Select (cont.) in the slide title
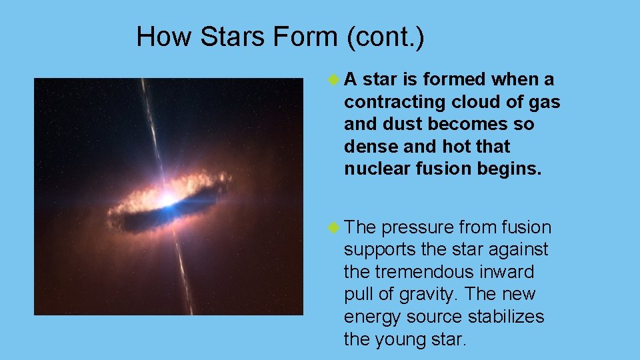tap(385, 37)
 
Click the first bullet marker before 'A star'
tap(335, 79)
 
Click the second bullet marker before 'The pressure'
tap(335, 227)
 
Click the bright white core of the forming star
tap(164, 198)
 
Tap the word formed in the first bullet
tap(454, 79)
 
